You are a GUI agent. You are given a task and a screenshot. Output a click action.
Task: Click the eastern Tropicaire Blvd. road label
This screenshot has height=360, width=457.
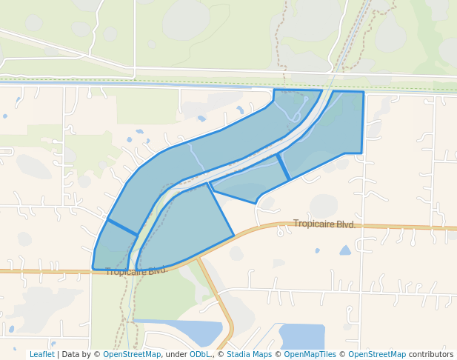[324, 224]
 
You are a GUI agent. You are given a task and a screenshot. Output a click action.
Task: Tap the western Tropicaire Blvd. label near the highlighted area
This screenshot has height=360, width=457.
[136, 271]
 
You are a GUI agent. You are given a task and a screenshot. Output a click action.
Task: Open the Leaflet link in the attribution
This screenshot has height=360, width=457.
[41, 354]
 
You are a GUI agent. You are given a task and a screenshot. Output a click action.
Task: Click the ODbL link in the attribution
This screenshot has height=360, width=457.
[200, 354]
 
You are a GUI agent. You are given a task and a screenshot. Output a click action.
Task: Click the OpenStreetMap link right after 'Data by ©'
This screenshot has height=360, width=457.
[132, 354]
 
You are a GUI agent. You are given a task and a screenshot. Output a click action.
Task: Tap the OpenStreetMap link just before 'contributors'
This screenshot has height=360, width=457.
[377, 354]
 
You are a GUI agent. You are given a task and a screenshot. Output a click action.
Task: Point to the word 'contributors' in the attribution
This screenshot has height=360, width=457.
[431, 354]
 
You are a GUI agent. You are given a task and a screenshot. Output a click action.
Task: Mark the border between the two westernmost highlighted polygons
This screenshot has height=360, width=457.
[122, 227]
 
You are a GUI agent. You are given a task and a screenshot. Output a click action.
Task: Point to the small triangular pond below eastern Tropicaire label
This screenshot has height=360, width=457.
[345, 250]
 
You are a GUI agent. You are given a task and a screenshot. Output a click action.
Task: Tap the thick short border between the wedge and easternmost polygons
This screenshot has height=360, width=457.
[283, 167]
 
